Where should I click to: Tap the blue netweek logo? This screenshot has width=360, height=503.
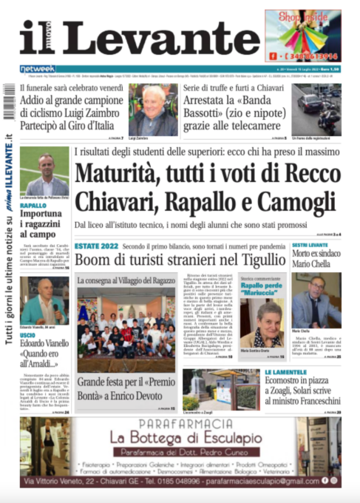coord(37,69)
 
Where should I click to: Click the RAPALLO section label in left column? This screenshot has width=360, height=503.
coord(33,206)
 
